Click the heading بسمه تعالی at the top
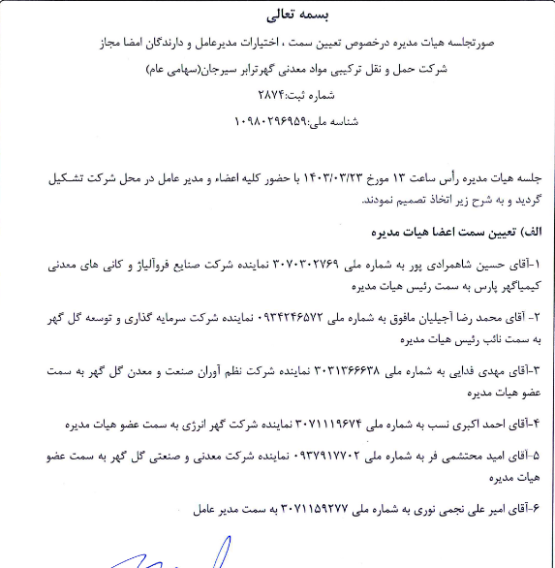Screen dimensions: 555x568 point(276,16)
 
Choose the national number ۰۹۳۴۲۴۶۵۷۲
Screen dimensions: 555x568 point(289,316)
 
